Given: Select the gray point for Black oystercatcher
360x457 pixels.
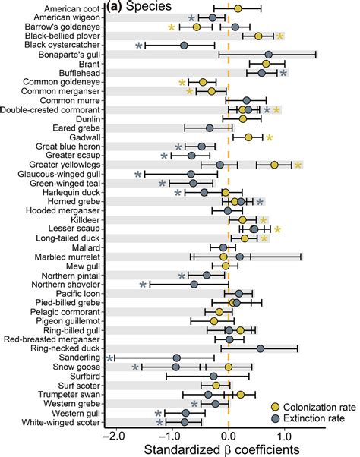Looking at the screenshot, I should (184, 46).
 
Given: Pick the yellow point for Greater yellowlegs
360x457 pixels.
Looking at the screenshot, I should (275, 165).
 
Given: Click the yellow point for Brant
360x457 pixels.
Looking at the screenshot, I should (266, 64).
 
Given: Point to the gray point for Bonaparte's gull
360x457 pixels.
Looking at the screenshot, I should (269, 55).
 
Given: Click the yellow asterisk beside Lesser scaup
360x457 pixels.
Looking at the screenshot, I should (279, 229).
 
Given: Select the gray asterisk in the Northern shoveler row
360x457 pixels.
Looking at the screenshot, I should (144, 285).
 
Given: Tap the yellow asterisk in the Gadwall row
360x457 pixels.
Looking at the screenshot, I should (270, 137).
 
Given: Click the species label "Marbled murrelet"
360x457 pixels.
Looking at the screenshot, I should (65, 257).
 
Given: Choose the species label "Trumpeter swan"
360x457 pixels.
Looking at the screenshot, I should (70, 395).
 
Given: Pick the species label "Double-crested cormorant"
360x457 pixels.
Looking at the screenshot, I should (52, 110).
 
